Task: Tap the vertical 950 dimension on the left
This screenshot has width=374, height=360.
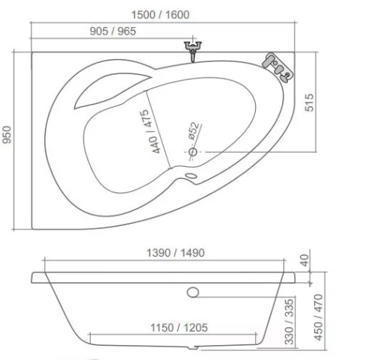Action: pos(9,138)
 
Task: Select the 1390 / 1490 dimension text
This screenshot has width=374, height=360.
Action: pos(174,253)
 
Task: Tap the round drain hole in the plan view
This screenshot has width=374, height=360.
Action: pos(192,153)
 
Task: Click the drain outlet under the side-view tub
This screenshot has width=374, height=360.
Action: pos(195,349)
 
